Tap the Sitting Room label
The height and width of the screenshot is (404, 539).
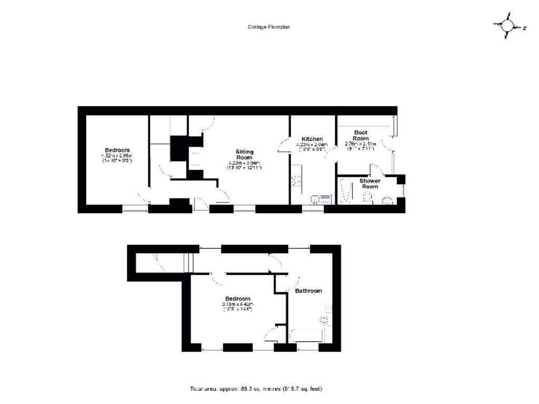244,154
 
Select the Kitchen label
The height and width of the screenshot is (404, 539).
312,139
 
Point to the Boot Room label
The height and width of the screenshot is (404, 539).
361,135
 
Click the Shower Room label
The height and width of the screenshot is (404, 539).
370,184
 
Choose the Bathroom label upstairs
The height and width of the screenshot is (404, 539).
308,290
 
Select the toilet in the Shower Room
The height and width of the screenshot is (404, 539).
368,197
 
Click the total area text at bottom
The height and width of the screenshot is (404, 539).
256,389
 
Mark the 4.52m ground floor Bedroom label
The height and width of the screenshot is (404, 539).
117,150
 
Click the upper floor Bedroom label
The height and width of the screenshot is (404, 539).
238,298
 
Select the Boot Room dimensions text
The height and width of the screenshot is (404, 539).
360,146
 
